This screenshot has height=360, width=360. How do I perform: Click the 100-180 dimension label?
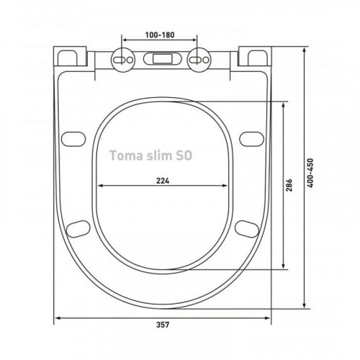point(160,35)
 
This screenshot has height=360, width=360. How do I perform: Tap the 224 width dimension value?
point(163,181)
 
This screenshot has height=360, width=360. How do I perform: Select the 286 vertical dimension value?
point(289,185)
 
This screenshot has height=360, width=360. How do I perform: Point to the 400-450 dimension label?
point(310,173)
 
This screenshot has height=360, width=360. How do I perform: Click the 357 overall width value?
point(163,325)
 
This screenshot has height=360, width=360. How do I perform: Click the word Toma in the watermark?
point(126,156)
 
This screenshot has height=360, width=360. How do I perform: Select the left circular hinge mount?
point(123,59)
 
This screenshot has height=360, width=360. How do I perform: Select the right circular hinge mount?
point(199,59)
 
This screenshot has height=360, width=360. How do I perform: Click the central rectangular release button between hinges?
point(163,59)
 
